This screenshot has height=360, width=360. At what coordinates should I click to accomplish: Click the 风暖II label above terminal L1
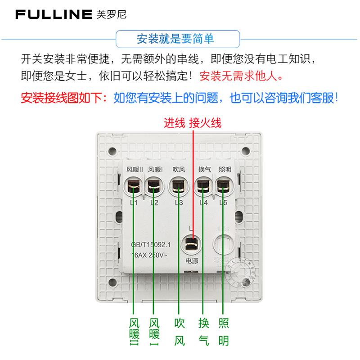pos(135,170)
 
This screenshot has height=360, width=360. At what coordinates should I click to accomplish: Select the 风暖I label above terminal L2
pos(155,170)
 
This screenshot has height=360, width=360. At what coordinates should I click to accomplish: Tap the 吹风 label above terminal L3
pos(179,170)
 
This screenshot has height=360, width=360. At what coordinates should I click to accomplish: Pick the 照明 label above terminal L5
pos(225,170)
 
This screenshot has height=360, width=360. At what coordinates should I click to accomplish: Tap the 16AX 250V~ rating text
pos(148,255)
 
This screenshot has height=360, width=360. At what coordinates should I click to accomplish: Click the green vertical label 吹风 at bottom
pos(179,332)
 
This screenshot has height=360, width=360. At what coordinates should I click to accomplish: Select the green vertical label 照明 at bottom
pos(224,332)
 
